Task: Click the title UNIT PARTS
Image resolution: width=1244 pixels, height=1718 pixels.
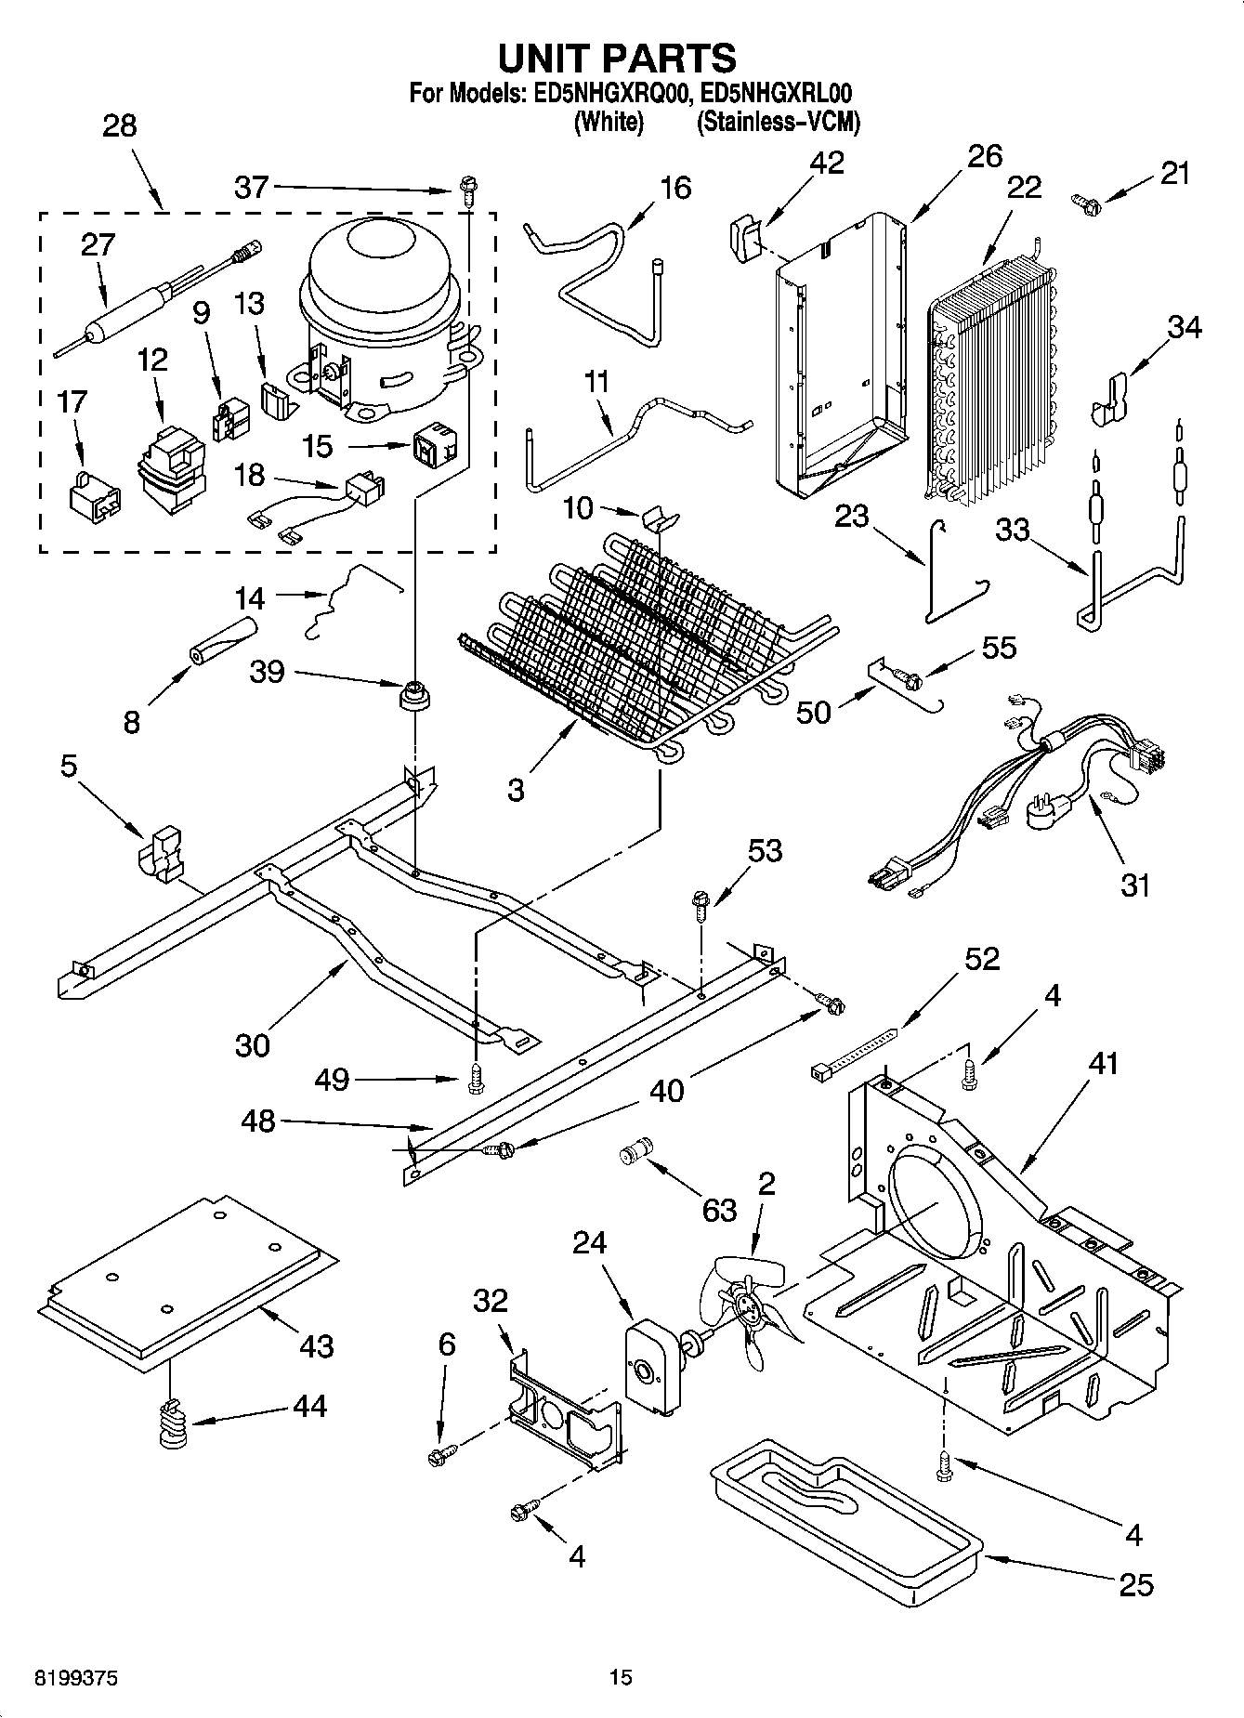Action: [x=618, y=58]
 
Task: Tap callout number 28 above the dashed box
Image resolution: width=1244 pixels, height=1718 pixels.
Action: [x=119, y=125]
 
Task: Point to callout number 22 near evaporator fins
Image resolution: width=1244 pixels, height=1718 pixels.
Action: [x=1024, y=187]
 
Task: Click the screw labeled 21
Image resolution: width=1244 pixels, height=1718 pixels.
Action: [x=1085, y=199]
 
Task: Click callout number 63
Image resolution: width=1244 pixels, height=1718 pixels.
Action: [x=719, y=1210]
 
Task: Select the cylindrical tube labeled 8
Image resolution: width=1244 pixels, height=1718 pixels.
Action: [x=223, y=641]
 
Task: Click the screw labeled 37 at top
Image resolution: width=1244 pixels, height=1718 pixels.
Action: [x=465, y=192]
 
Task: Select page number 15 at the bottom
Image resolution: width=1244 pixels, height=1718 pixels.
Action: [x=621, y=1677]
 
